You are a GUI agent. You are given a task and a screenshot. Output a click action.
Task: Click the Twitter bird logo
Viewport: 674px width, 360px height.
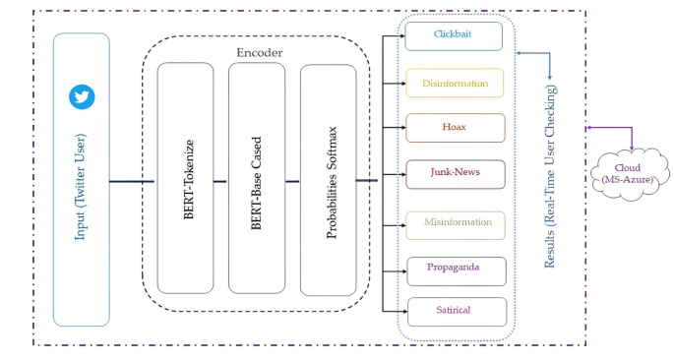pos(81,96)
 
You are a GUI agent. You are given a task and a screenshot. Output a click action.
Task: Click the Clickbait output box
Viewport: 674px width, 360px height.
pos(454,36)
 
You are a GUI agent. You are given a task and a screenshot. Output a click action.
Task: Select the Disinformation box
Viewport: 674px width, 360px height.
pos(455,84)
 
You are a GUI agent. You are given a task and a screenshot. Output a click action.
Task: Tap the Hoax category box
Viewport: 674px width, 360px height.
pos(455,128)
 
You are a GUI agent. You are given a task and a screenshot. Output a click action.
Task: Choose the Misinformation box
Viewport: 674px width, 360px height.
pos(455,222)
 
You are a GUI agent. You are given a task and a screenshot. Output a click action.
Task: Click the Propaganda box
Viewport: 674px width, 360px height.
pos(455,268)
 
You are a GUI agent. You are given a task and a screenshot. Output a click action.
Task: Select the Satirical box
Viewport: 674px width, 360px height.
pos(455,311)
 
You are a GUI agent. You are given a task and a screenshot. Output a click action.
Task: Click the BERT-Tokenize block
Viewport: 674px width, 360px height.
pos(185,179)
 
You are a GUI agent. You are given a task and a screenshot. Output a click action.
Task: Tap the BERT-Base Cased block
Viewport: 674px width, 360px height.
pos(257,179)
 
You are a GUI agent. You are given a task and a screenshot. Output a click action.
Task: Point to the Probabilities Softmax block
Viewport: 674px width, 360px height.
pos(329,179)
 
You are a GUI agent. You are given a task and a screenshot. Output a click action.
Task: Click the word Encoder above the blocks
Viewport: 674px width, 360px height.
pos(259,51)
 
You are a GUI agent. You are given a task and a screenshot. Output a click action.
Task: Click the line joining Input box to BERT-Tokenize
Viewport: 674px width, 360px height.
pos(131,181)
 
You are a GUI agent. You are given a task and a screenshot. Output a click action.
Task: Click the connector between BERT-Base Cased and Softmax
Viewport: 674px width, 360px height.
pos(292,181)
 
